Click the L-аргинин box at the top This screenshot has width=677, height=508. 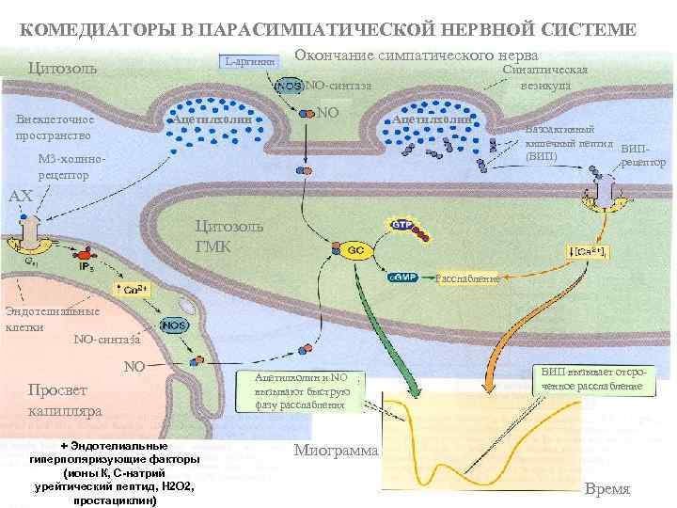tap(250, 61)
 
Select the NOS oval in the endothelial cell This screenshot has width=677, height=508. tap(173, 325)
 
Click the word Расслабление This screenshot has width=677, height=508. tap(467, 278)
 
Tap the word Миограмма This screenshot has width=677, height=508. tap(336, 450)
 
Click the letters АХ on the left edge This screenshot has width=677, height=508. tap(20, 197)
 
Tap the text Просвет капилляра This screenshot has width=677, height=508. tap(65, 400)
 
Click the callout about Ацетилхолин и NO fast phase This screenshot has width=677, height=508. tap(301, 390)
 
